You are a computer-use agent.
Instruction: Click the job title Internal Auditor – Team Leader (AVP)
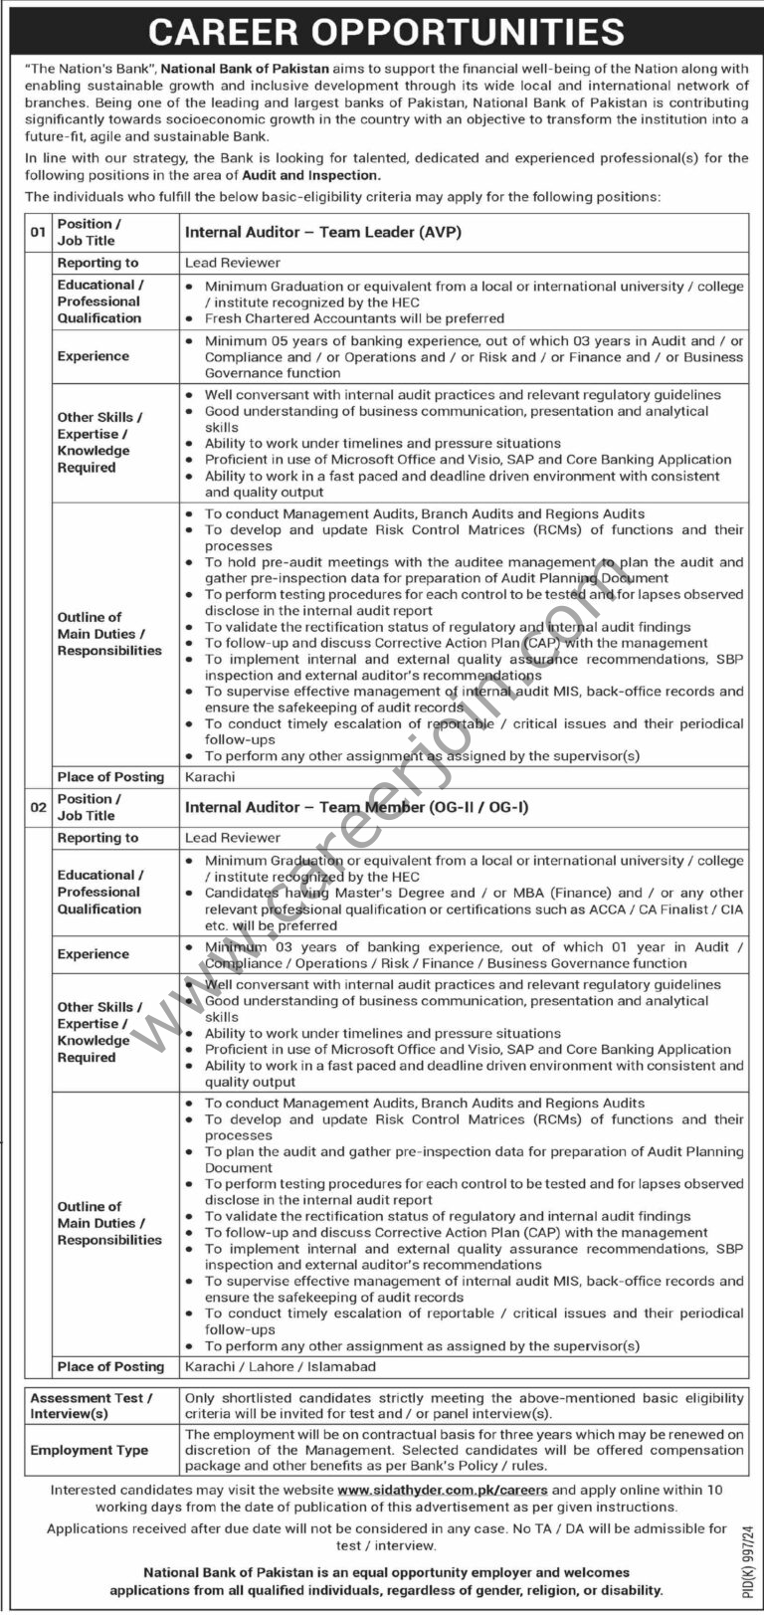(323, 233)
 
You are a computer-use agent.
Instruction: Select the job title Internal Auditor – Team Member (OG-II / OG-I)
(356, 807)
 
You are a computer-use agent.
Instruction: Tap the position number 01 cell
(38, 233)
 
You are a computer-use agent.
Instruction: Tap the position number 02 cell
(38, 807)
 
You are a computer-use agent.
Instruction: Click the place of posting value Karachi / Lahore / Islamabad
(281, 1366)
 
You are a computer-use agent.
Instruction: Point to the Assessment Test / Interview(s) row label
(92, 1405)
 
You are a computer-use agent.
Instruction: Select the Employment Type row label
(89, 1450)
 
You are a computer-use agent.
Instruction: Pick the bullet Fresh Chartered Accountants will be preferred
(354, 318)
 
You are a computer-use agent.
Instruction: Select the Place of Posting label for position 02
(110, 1366)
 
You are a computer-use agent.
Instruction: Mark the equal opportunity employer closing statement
(386, 1581)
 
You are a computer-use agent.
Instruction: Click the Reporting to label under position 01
(97, 263)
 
